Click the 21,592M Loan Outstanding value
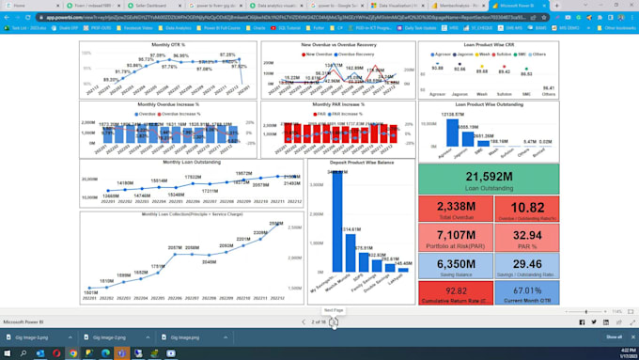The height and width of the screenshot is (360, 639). (x=488, y=176)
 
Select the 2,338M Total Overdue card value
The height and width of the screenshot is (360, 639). (x=457, y=207)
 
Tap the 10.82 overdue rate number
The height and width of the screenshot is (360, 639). (x=527, y=207)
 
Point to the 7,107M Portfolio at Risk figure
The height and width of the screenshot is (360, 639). (x=457, y=235)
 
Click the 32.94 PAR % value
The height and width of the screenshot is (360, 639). (x=527, y=235)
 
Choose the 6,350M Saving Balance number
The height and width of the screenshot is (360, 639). (x=457, y=264)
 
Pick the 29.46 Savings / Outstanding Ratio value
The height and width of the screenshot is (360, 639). (x=527, y=264)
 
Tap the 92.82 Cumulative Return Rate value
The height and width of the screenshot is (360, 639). (x=457, y=291)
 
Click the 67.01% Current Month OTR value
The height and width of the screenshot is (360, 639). (x=527, y=291)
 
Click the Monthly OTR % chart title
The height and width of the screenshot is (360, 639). (x=168, y=45)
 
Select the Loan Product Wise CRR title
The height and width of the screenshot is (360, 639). (x=489, y=45)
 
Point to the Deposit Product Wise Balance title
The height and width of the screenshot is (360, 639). (x=363, y=162)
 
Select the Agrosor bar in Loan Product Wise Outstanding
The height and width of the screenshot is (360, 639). (x=451, y=133)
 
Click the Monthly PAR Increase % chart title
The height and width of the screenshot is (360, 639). (x=337, y=104)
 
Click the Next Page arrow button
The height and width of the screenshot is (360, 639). (x=334, y=322)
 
